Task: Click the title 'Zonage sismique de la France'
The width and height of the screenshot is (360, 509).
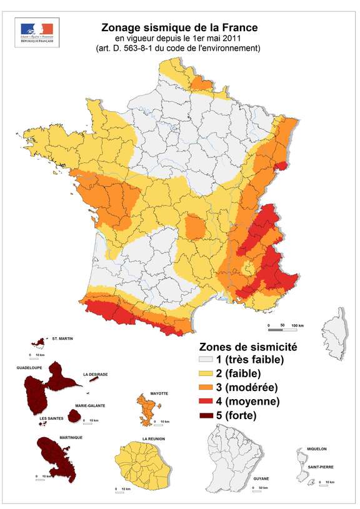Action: [x=180, y=27]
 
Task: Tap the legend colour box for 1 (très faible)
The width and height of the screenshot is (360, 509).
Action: [x=206, y=360]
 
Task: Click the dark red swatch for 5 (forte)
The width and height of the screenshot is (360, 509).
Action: [x=206, y=415]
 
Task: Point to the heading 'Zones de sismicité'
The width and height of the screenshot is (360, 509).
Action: [x=247, y=346]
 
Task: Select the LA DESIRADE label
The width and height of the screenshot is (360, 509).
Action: [x=96, y=375]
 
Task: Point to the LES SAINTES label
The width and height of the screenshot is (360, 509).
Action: [x=51, y=418]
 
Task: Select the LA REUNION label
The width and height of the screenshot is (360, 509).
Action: [x=153, y=438]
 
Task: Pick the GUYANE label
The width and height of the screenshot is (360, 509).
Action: [x=261, y=479]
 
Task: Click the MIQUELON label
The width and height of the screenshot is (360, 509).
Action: [x=316, y=449]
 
